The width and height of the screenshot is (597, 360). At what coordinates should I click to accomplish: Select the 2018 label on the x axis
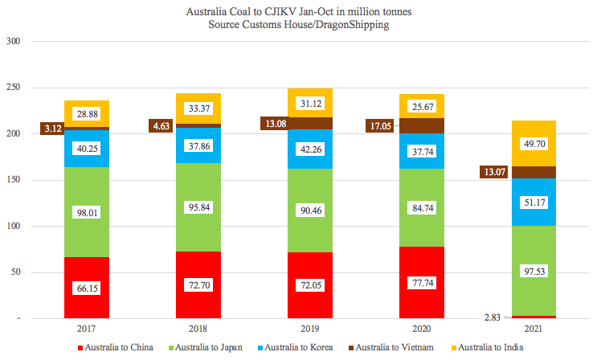tap(198, 329)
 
